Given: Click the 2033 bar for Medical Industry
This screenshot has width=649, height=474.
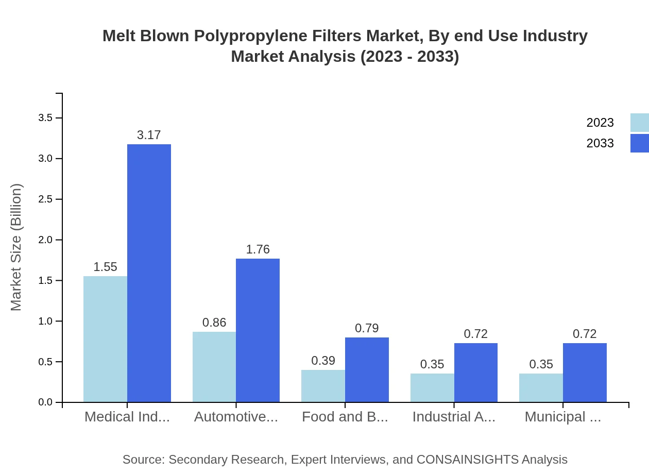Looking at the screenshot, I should (x=149, y=273).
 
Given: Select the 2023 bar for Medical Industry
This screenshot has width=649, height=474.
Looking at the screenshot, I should (x=105, y=339).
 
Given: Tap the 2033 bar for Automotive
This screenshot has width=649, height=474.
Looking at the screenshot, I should (x=258, y=330).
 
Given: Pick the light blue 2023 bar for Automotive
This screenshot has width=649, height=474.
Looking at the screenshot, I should (x=214, y=367).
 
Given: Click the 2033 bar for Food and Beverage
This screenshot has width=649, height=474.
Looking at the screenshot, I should (x=367, y=370).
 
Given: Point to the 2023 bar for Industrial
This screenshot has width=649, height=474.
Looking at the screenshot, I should (x=432, y=388).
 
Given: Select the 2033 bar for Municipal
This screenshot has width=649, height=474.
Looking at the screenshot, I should (x=585, y=373).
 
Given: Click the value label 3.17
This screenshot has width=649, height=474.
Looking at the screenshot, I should (x=149, y=135).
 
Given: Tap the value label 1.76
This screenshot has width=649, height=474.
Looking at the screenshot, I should (x=258, y=249).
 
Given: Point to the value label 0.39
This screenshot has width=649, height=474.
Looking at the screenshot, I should (x=323, y=361).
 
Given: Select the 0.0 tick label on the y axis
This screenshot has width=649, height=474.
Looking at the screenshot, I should (x=46, y=402).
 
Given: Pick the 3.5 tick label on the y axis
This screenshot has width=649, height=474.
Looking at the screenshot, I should (x=46, y=118).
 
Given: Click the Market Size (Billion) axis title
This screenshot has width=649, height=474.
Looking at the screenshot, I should (x=16, y=247).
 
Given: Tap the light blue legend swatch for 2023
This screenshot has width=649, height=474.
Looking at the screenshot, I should (x=639, y=123).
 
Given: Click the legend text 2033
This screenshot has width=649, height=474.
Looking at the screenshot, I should (x=600, y=143).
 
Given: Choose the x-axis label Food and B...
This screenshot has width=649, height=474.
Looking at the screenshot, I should (x=345, y=417).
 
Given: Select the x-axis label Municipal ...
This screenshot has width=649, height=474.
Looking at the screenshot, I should (x=562, y=417).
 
